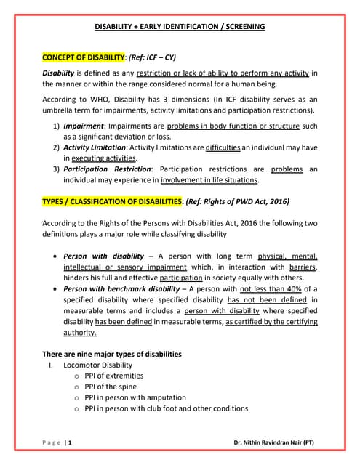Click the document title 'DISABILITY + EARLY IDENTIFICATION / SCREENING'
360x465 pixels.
(x=180, y=27)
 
